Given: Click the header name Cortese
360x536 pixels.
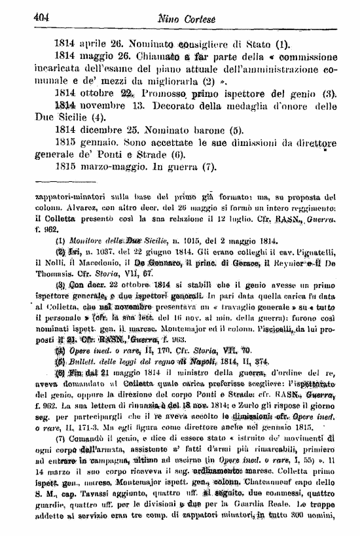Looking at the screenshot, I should tap(213, 19).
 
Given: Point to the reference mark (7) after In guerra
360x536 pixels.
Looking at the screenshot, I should tap(210, 190).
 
